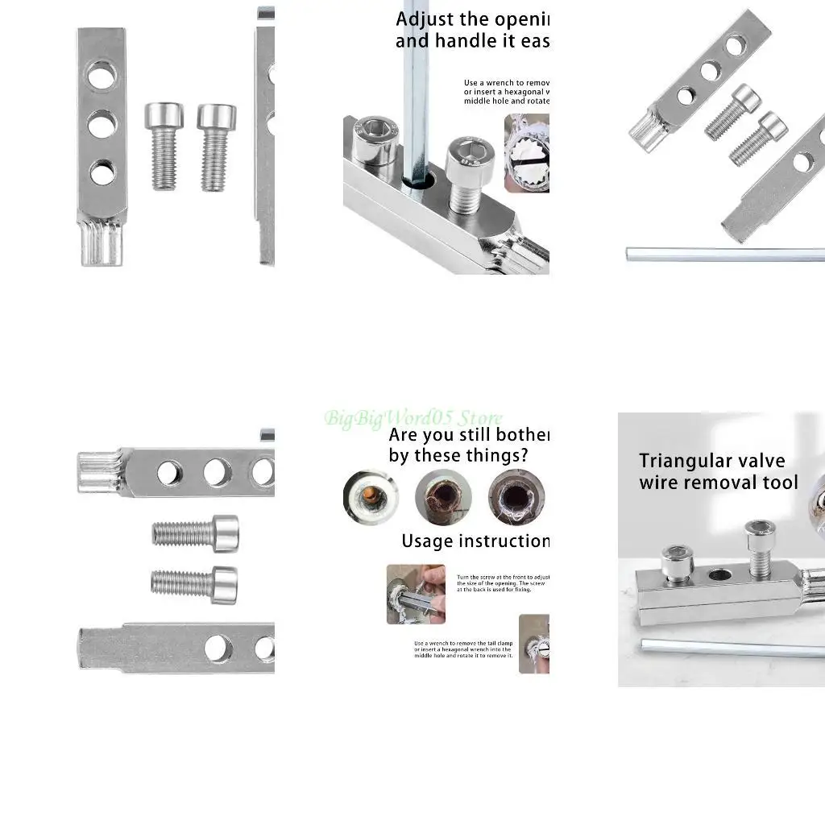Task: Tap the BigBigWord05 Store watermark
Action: [x=413, y=418]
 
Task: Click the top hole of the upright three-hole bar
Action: [x=102, y=75]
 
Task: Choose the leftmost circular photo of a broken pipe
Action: [x=370, y=497]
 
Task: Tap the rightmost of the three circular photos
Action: [x=516, y=497]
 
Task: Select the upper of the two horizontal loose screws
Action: [x=196, y=533]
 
